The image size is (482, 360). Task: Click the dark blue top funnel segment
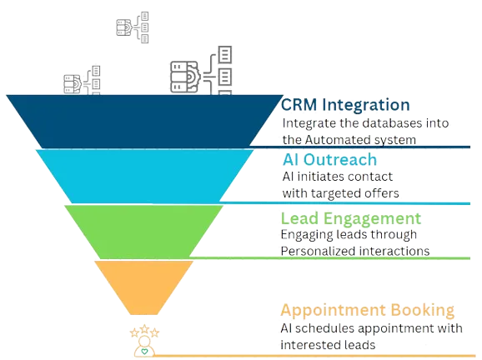pos(144,122)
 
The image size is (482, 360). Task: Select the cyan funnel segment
pos(144,177)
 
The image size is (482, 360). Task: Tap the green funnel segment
pos(144,232)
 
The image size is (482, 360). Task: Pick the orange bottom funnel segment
pos(144,287)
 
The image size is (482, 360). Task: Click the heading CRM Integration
pos(345,105)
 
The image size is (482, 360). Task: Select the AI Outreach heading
pos(329,160)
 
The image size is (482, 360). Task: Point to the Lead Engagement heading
pos(351,218)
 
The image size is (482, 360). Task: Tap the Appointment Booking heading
pos(368,310)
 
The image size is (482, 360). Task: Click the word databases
pos(381,123)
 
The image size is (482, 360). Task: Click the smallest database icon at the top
pos(133,27)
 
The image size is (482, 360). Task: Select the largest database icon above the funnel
pos(201,70)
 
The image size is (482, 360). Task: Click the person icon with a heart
pos(144,346)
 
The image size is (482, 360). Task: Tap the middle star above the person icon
pos(145,329)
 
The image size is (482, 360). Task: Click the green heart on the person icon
pos(144,351)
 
